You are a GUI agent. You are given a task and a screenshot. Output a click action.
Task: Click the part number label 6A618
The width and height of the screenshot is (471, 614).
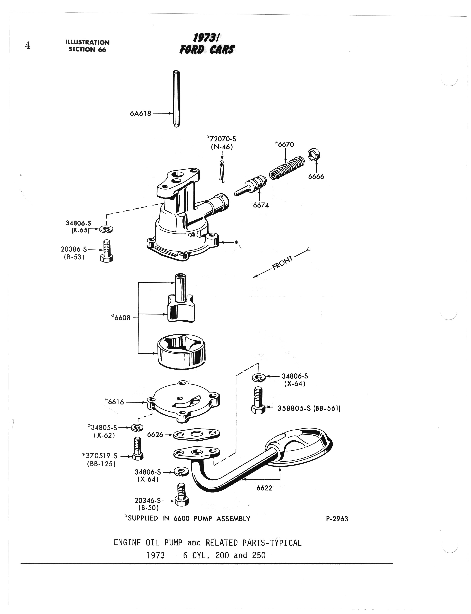[140, 114]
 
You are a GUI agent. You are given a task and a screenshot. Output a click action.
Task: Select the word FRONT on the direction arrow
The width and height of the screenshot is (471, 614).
[282, 262]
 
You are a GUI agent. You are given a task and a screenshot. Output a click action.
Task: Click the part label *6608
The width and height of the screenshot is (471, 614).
[121, 318]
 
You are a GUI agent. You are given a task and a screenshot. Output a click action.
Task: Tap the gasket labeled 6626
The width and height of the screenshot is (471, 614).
[196, 434]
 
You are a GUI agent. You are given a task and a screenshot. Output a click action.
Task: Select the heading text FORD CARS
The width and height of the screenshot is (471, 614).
[207, 49]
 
